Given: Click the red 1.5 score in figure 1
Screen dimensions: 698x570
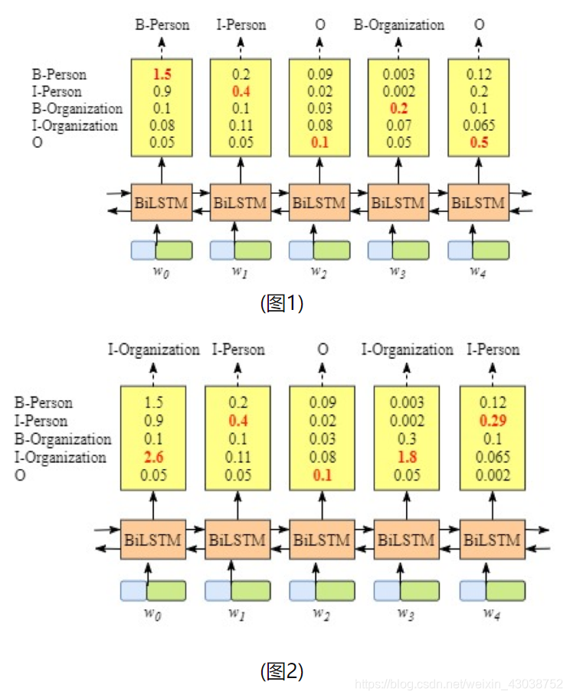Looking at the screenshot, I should pos(162,75).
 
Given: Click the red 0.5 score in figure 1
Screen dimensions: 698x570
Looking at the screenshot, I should pos(479,142).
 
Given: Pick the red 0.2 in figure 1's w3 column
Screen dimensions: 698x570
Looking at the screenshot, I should pos(399,109).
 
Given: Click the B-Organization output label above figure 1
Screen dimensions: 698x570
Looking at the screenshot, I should pos(398,25).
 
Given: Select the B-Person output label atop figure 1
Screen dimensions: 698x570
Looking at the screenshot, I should pos(162,25).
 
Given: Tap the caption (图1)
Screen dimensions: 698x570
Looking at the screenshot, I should pos(282,303).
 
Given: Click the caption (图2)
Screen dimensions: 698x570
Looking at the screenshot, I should pos(282,671).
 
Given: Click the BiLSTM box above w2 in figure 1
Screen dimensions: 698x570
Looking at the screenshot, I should pos(319,203).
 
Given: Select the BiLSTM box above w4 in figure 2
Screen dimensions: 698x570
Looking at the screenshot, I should pos(491,540).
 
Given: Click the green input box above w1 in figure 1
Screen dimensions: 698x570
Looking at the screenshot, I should pos(252,250).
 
